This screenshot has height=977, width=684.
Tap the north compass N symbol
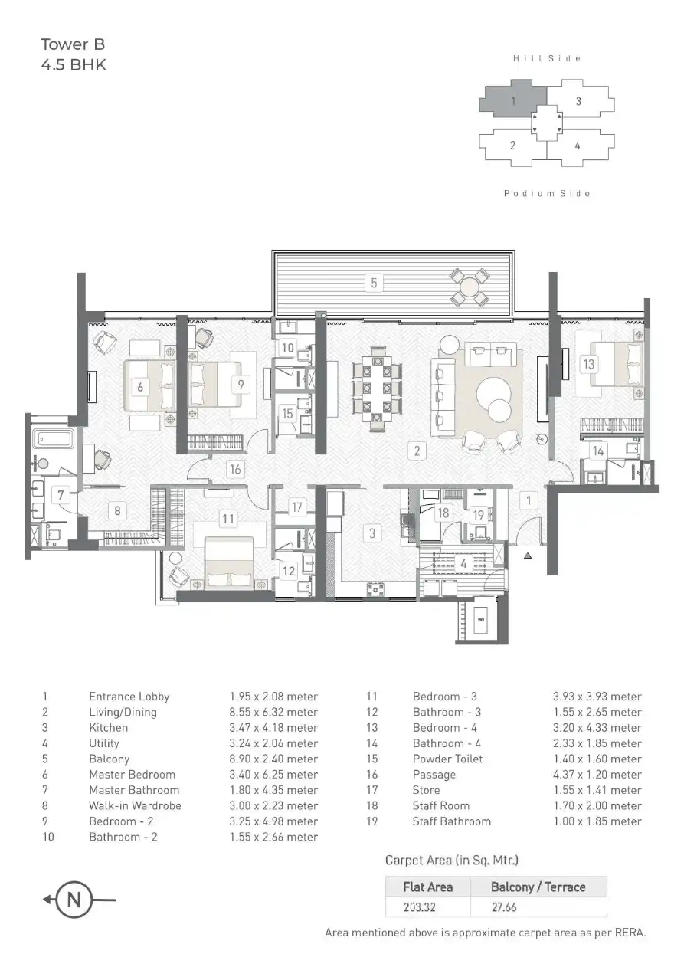coord(74,900)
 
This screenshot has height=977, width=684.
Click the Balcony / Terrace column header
coord(538,887)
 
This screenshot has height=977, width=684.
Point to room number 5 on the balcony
coord(374,283)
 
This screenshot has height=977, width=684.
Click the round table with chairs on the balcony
coord(470,287)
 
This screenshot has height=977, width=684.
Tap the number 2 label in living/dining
coord(417,451)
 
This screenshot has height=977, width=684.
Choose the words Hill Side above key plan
coord(547,58)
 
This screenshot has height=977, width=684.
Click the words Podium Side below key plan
coord(547,194)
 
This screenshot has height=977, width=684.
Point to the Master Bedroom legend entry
coord(132,774)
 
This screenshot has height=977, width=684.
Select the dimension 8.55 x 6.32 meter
coord(273,712)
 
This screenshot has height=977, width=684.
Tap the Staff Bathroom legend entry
coord(451,821)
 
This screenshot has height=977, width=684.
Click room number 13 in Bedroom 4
coord(588,364)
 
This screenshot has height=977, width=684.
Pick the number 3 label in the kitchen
coord(372,533)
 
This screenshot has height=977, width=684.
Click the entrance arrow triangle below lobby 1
coord(527,556)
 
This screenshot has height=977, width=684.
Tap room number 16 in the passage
coord(235,470)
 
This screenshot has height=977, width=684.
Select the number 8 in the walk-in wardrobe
coord(117,510)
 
